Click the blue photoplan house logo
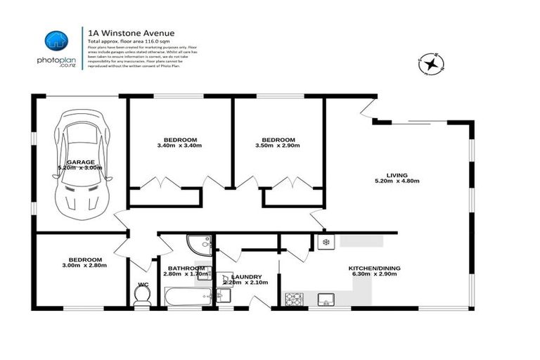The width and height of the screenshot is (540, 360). [56, 41]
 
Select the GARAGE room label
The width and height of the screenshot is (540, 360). [81, 162]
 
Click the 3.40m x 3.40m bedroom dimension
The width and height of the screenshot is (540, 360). [179, 146]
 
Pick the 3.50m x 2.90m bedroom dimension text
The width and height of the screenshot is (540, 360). [278, 146]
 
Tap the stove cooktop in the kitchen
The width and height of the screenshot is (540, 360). [293, 300]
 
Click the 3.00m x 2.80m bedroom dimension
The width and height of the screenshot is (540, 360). [83, 266]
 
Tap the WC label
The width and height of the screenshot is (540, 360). [143, 285]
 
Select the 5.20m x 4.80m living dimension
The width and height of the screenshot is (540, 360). [397, 181]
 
